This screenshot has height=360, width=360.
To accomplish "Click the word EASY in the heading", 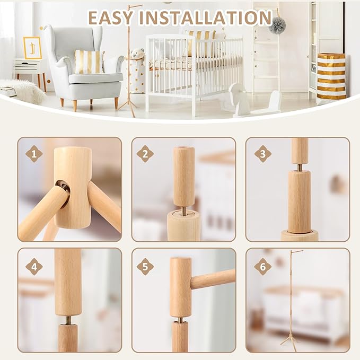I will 110,17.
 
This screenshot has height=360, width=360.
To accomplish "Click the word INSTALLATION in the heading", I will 205,17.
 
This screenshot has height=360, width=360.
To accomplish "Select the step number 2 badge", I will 145,154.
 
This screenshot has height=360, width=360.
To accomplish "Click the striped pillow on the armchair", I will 89,62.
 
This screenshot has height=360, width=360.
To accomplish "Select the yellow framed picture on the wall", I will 32,48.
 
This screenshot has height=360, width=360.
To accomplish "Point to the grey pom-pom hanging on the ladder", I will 277,25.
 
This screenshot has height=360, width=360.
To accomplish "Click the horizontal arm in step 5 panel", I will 212,279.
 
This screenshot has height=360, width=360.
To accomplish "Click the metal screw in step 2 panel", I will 183,210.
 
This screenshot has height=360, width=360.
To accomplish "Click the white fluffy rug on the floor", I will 24,91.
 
